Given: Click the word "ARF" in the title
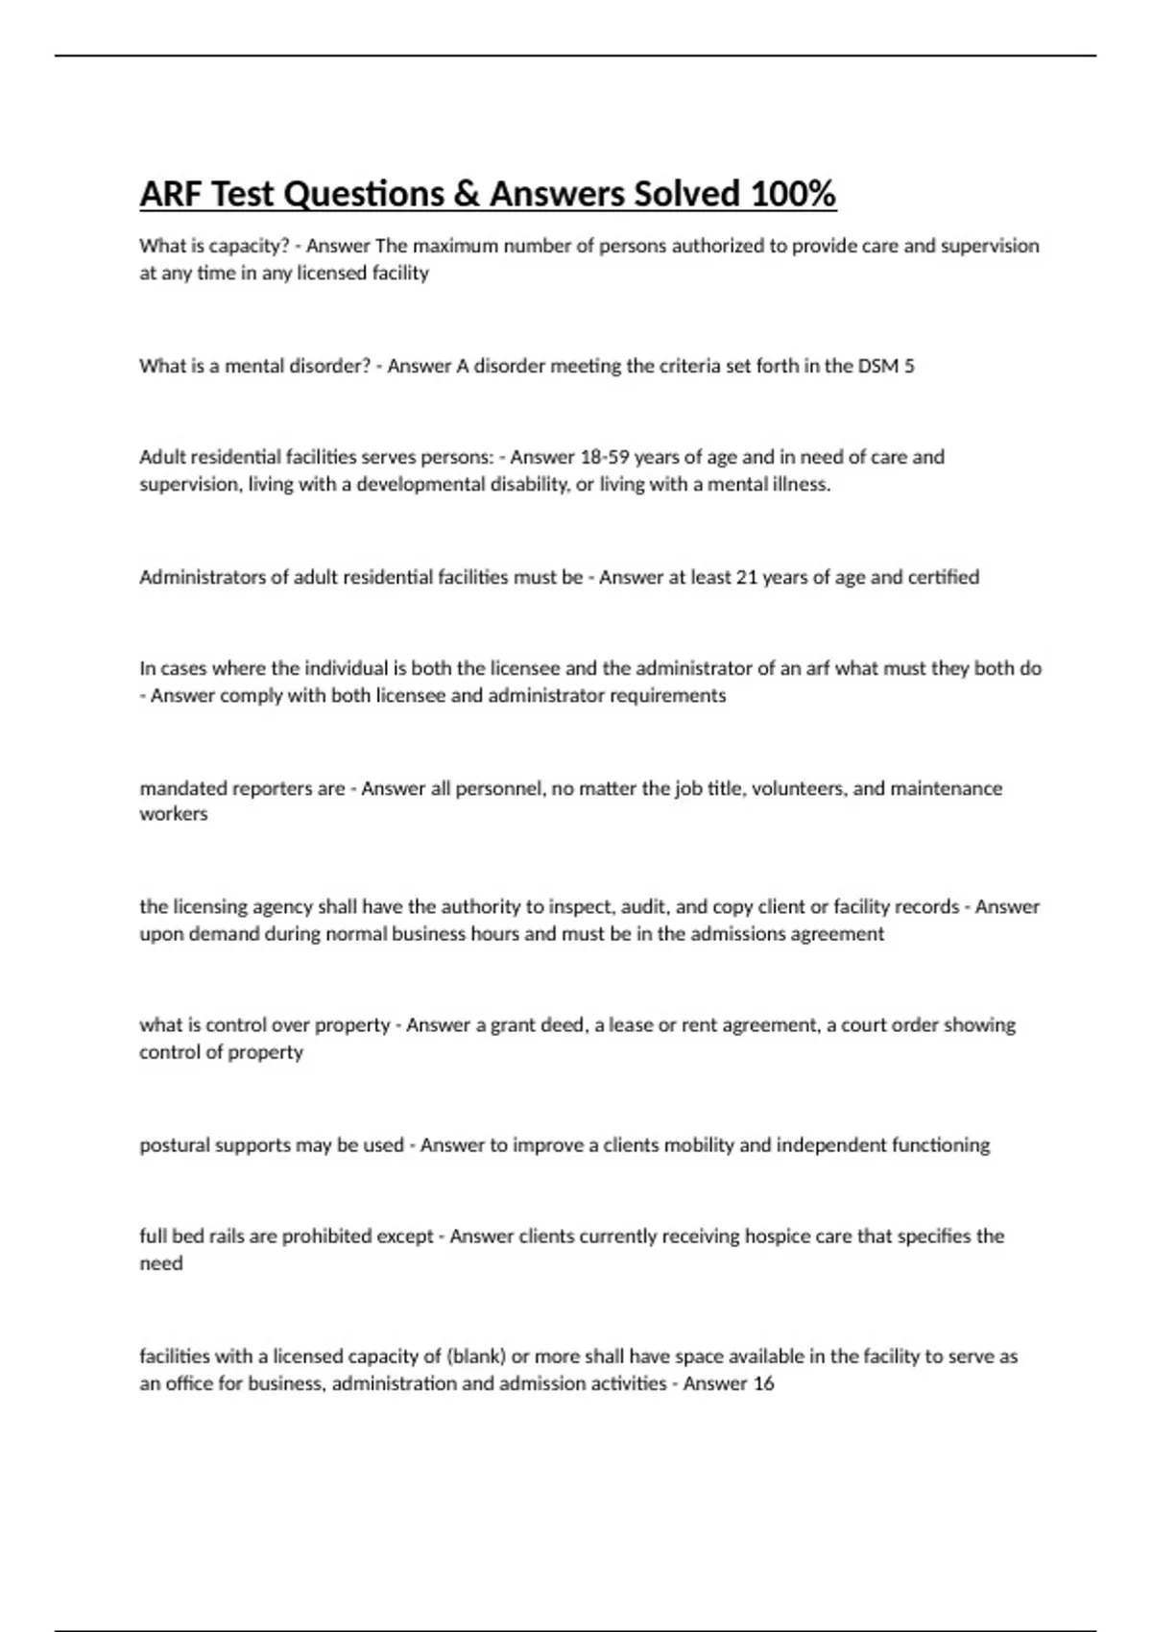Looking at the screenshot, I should pos(170,195).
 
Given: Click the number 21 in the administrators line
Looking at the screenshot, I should pos(746,577).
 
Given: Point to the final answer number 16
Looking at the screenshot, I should pos(763,1383).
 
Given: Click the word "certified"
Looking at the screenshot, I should pos(944,577).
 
